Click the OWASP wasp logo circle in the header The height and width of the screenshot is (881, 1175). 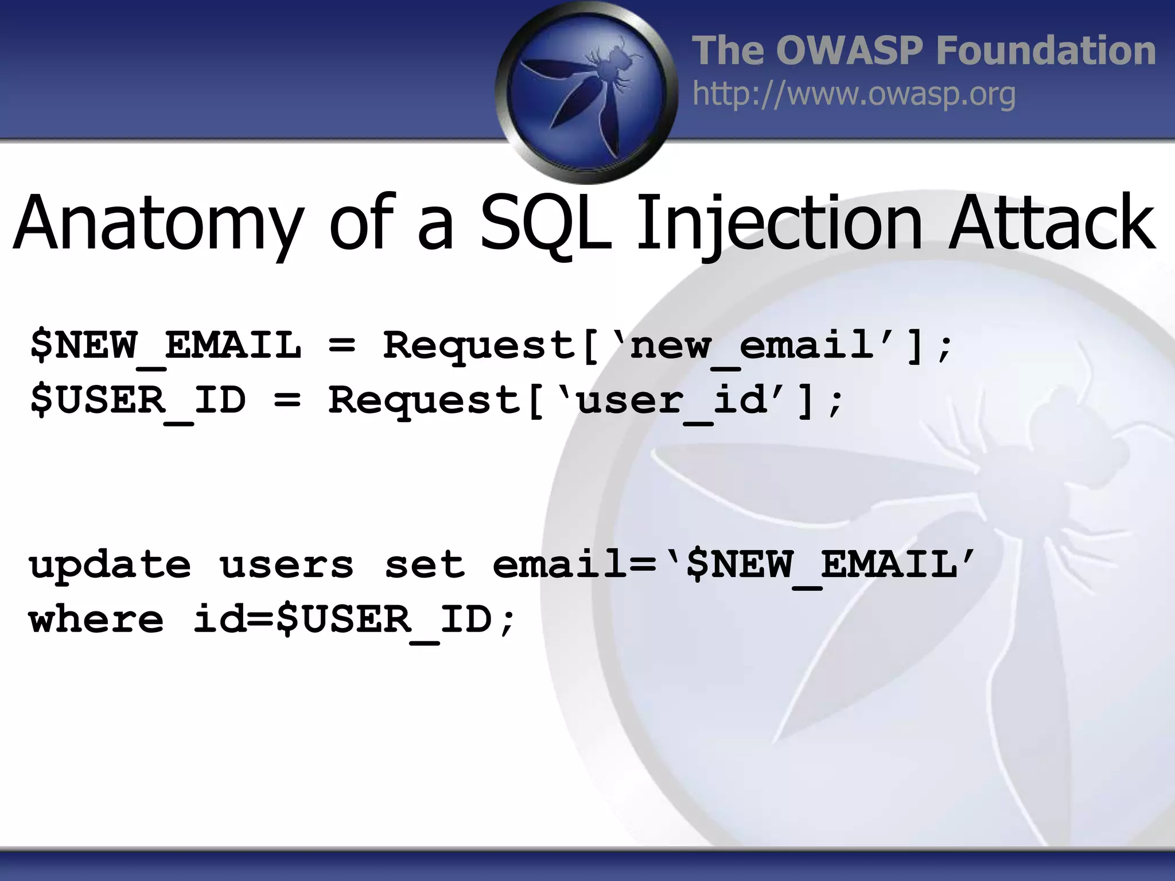(x=586, y=92)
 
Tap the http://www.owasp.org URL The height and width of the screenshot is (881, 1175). (x=854, y=95)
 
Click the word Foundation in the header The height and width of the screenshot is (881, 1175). (x=1045, y=50)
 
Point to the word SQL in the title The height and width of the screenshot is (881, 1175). (x=545, y=224)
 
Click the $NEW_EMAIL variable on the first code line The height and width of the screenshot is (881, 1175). (x=165, y=346)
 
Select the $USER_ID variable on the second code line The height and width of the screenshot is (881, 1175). (x=138, y=400)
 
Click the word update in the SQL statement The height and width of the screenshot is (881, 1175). (x=110, y=566)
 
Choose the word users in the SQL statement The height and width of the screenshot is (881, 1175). (x=286, y=566)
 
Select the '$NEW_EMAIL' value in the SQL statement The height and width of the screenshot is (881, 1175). (x=820, y=566)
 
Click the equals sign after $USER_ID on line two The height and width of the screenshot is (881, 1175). (x=287, y=400)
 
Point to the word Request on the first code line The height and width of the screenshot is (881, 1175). (x=480, y=346)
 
